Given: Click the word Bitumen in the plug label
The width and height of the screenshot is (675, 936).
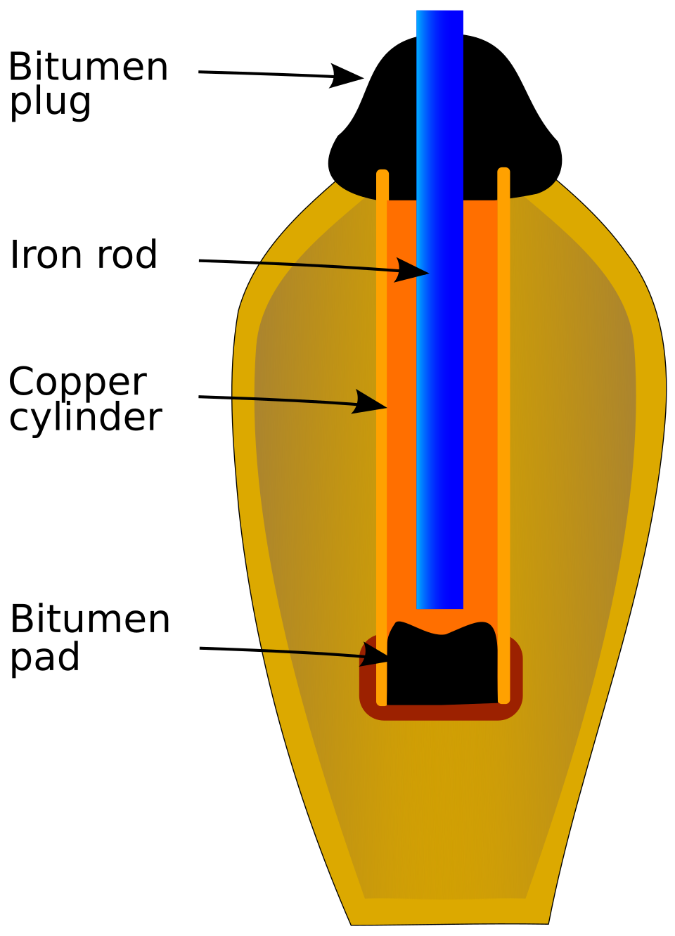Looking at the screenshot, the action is pyautogui.click(x=88, y=66).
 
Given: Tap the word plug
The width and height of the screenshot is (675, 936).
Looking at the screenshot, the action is pyautogui.click(x=50, y=103).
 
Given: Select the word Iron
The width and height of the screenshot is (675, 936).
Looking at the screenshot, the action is pyautogui.click(x=46, y=255).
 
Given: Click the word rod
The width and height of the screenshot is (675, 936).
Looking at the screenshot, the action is pyautogui.click(x=127, y=255).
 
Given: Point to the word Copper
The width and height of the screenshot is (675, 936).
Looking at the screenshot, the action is pyautogui.click(x=77, y=383).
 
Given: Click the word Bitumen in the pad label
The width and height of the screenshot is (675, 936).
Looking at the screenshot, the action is pyautogui.click(x=90, y=620).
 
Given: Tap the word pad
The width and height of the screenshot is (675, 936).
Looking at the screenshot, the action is pyautogui.click(x=45, y=657).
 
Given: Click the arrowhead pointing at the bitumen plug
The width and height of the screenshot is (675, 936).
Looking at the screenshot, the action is pyautogui.click(x=346, y=76).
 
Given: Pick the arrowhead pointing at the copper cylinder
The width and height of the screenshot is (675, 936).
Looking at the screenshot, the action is pyautogui.click(x=369, y=402).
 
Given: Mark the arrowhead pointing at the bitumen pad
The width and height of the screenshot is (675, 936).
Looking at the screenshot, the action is pyautogui.click(x=374, y=655).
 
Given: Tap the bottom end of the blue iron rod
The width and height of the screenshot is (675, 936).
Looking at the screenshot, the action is pyautogui.click(x=440, y=608).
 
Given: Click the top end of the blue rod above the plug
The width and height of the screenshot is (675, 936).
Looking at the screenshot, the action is pyautogui.click(x=440, y=11).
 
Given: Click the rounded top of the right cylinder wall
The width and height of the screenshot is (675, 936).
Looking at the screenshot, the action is pyautogui.click(x=503, y=169).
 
